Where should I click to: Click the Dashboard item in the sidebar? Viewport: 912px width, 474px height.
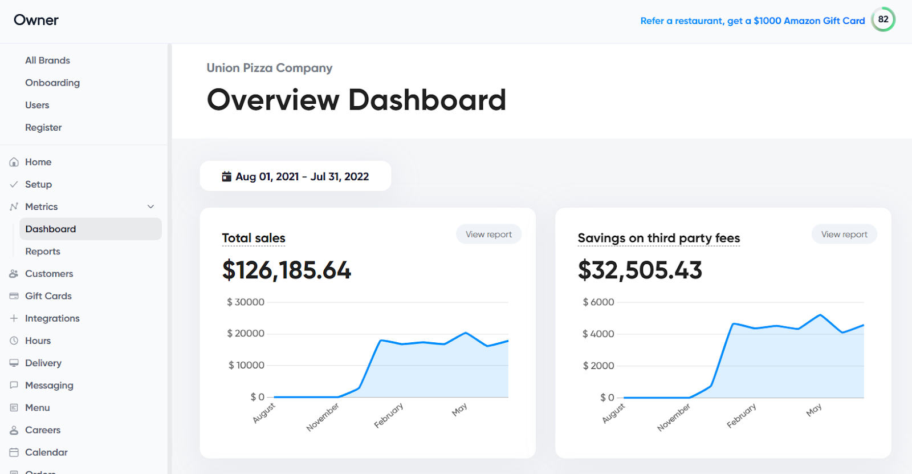point(51,229)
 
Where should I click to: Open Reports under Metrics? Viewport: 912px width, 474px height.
point(43,251)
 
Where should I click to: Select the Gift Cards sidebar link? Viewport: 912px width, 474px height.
point(48,296)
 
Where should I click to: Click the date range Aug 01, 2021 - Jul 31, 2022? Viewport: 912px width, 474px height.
point(296,176)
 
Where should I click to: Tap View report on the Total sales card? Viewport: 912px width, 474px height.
point(488,234)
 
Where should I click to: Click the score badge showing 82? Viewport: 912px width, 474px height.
point(883,19)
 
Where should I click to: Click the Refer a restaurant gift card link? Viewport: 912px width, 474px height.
point(752,21)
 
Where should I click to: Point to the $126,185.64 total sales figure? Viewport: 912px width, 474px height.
point(287,270)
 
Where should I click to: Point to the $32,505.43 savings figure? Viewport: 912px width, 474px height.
point(640,270)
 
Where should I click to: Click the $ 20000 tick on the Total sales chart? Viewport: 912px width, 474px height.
point(246,333)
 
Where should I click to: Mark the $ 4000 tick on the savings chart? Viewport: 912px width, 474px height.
point(598,334)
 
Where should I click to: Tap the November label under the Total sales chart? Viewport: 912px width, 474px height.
point(323,416)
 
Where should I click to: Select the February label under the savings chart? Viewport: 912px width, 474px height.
point(741,415)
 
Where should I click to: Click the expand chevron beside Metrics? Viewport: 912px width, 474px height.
point(151,206)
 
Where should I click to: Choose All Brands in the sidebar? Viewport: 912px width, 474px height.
point(47,60)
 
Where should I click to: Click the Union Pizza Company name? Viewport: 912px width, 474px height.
point(269,68)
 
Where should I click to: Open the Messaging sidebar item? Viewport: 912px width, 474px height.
point(49,385)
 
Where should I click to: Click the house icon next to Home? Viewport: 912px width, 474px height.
point(14,162)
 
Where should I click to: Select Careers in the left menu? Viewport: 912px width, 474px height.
point(43,430)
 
